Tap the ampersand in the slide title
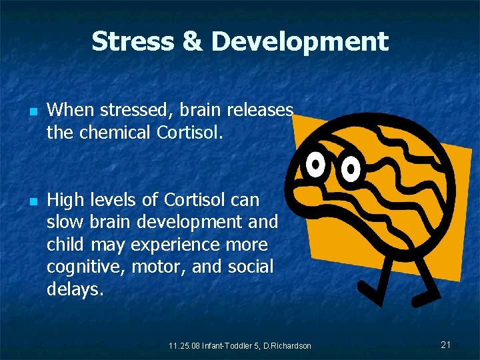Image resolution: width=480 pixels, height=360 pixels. (192, 41)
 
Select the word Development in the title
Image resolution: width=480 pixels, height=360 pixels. (299, 41)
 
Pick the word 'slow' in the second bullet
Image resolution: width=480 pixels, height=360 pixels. (63, 222)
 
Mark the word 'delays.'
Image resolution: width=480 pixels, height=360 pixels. (75, 289)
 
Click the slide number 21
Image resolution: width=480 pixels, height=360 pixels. (446, 344)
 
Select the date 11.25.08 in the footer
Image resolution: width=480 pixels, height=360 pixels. (183, 345)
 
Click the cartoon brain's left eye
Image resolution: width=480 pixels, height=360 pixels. (315, 163)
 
